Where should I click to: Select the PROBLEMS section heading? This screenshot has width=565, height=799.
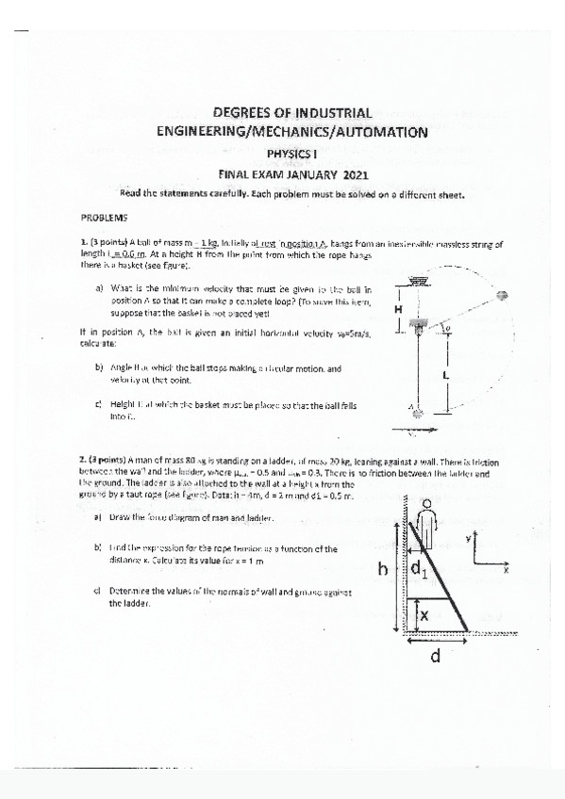tap(104, 216)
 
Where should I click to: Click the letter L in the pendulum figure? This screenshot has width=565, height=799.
tap(445, 374)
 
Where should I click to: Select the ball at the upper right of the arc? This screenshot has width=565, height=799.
tap(502, 296)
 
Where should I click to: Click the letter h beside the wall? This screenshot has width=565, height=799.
tap(383, 570)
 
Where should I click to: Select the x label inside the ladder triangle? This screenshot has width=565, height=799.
tap(424, 614)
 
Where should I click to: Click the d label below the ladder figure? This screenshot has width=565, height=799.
tap(435, 658)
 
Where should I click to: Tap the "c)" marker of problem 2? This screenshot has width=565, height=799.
tap(98, 591)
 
